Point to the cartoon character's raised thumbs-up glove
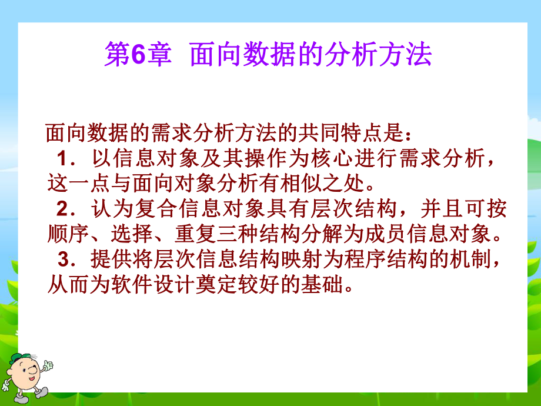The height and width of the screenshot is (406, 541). (x=47, y=365)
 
